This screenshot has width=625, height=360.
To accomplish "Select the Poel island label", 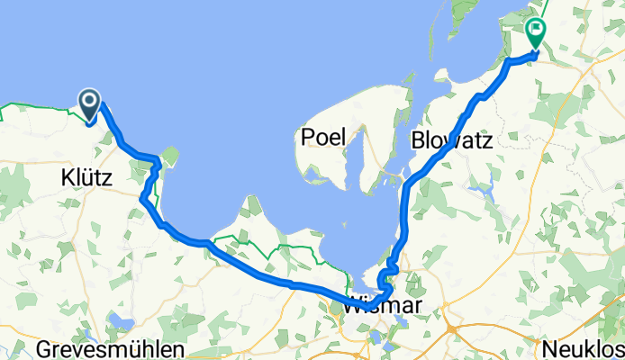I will (x=323, y=137).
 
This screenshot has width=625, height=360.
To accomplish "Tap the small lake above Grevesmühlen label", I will (x=118, y=320).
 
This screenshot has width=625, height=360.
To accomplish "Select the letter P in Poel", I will (x=309, y=137).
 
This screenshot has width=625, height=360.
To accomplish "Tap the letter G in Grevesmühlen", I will (x=45, y=349).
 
